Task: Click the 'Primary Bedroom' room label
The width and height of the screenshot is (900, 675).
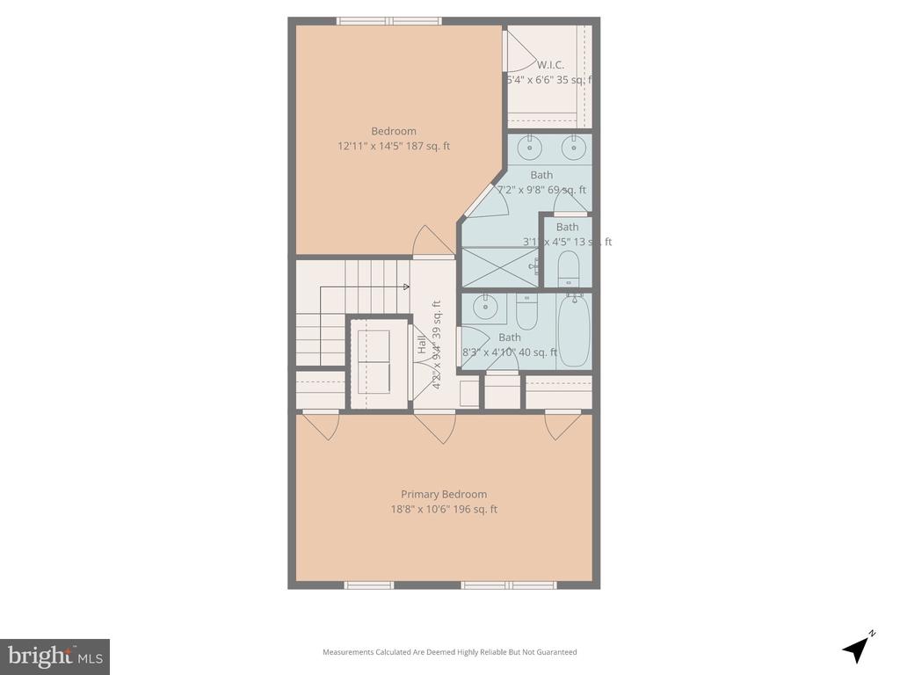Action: (444, 494)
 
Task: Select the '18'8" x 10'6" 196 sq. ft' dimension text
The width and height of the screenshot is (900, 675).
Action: (444, 509)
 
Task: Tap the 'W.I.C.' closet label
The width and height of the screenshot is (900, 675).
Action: (550, 64)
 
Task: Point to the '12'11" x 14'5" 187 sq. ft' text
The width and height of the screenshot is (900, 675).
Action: (394, 146)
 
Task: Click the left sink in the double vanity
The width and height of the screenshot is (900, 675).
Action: (529, 148)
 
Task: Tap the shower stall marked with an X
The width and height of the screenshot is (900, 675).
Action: (500, 267)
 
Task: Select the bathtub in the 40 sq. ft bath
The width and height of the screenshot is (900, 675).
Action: (573, 332)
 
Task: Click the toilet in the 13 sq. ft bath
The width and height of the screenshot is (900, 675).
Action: (568, 268)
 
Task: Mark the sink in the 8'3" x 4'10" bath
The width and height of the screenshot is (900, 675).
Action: (484, 307)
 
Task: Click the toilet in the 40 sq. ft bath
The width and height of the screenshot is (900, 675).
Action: (526, 311)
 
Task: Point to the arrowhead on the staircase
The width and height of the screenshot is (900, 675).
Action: (405, 287)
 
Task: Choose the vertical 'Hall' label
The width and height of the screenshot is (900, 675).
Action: (421, 345)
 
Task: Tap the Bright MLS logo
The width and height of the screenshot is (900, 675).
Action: (54, 656)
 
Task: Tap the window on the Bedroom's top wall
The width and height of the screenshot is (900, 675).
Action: (389, 20)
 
